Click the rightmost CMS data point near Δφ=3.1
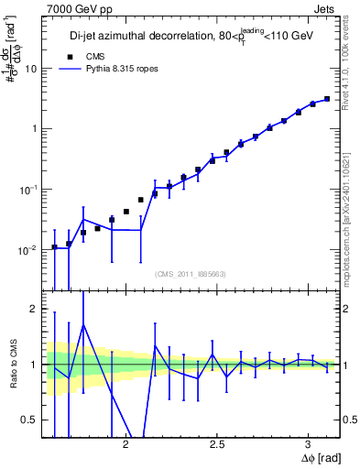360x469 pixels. coord(327,99)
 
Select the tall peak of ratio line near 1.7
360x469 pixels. coord(83,324)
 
